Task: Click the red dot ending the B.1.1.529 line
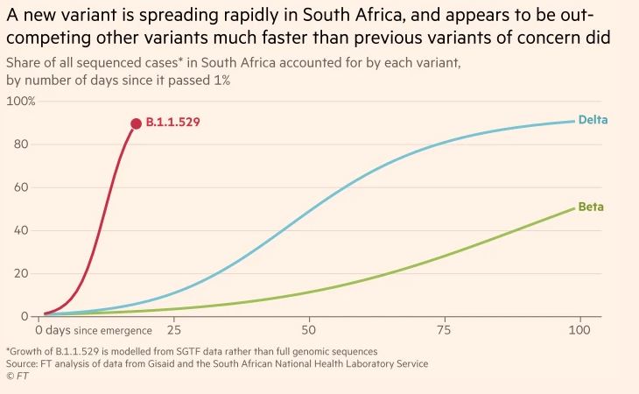point(136,124)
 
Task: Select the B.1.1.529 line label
point(173,123)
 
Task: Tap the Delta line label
point(593,119)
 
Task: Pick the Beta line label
point(591,208)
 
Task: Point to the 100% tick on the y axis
point(21,102)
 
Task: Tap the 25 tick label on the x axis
point(173,331)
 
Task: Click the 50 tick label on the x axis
point(308,331)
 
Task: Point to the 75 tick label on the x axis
point(444,331)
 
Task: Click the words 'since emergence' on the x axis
point(113,331)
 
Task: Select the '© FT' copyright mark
point(16,376)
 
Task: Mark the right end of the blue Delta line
point(574,121)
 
